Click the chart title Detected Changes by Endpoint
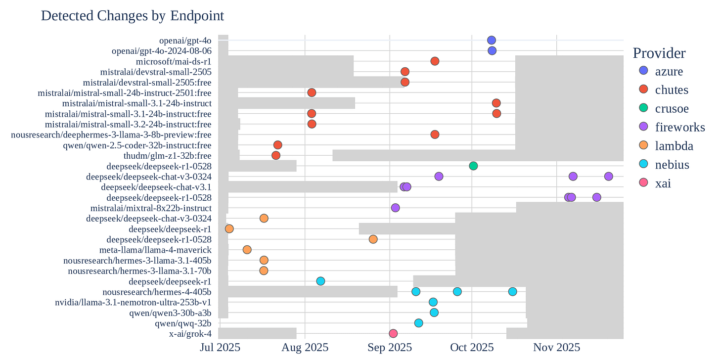pos(133,16)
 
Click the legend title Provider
pos(659,53)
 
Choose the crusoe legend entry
pos(664,108)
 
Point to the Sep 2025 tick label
pos(390,348)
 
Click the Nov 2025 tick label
pos(556,348)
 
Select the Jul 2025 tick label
pos(220,348)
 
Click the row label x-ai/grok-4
pos(190,334)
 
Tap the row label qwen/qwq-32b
pos(183,323)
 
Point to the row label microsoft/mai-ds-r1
pos(174,61)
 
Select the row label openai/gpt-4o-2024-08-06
pos(162,51)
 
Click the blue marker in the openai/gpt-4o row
pos(491,40)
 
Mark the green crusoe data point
pos(473,166)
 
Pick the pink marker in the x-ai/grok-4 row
pos(393,334)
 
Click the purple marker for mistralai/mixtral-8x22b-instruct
pos(396,208)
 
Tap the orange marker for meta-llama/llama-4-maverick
pos(247,250)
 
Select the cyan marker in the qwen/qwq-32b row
pos(418,323)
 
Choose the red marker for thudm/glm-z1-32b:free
pos(276,156)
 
